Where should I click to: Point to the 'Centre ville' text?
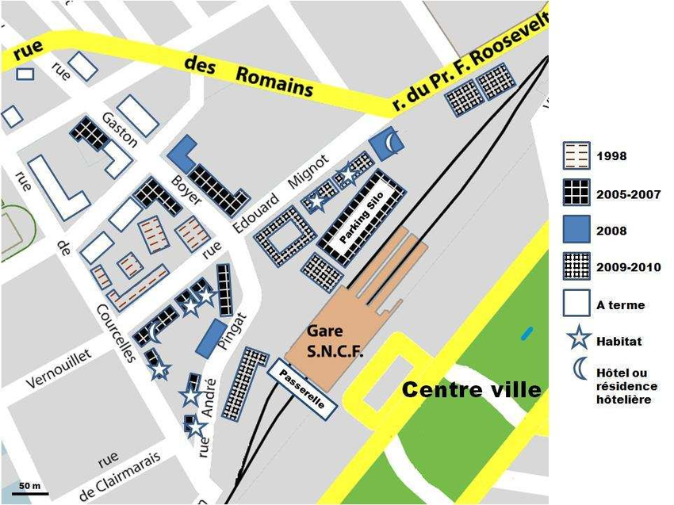472,389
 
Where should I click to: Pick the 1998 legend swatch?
576,156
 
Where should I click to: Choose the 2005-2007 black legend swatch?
576,193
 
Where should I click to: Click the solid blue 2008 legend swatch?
576,231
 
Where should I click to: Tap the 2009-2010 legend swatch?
576,268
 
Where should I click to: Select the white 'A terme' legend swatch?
576,304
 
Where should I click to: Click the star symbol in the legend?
579,340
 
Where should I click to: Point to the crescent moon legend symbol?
580,369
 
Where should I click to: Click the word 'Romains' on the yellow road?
274,82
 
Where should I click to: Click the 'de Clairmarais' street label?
120,467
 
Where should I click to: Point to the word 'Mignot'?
308,172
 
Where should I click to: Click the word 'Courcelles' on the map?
116,331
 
